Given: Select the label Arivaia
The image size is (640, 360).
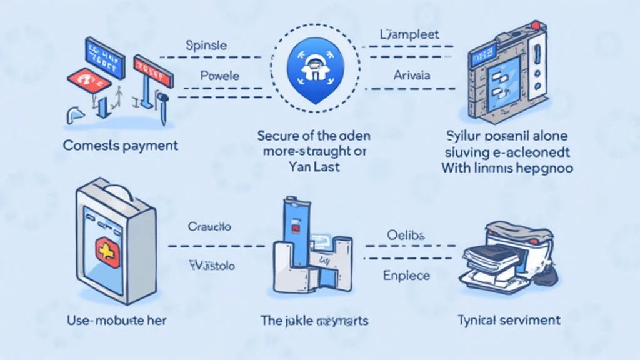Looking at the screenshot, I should pos(412,75).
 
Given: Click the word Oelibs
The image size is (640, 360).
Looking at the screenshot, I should pos(405,235).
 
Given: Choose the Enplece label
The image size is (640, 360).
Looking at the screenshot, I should pos(406,276).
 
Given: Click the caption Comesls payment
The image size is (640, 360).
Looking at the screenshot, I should pos(121,146).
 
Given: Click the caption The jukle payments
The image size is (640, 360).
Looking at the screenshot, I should pos(314,321).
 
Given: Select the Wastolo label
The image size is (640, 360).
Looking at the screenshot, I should pos(212,266).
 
